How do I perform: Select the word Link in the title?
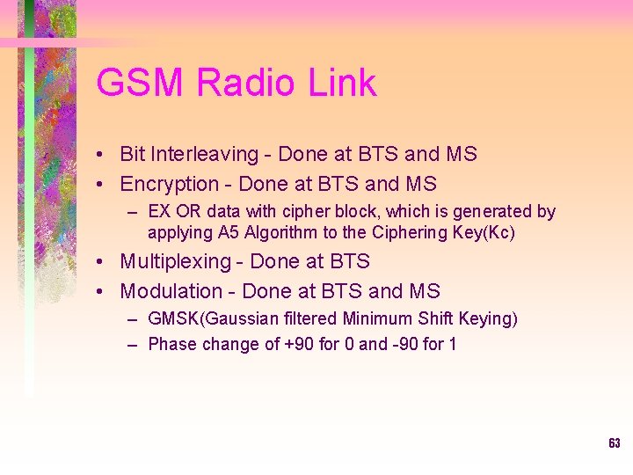click(343, 84)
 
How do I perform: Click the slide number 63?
click(614, 443)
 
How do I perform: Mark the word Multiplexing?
click(182, 262)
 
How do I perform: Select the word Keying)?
click(488, 319)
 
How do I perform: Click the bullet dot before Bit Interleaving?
click(103, 156)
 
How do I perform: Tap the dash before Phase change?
click(132, 345)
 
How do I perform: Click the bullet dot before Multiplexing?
click(103, 263)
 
